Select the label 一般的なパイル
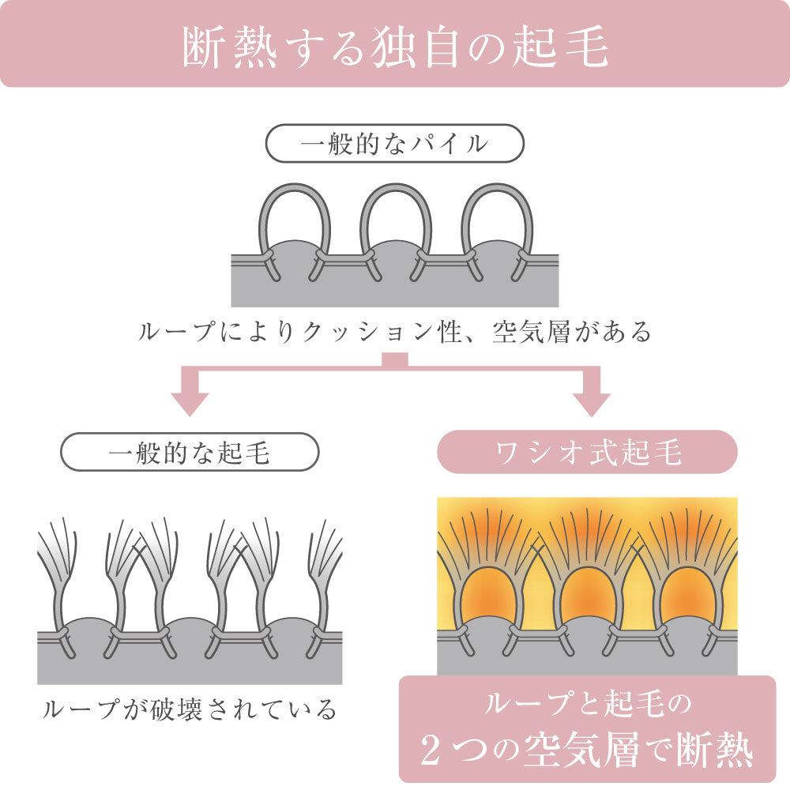(x=395, y=145)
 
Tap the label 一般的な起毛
(x=190, y=453)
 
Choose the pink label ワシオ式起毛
(x=586, y=453)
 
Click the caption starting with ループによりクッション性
(x=395, y=332)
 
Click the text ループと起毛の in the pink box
(x=586, y=702)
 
